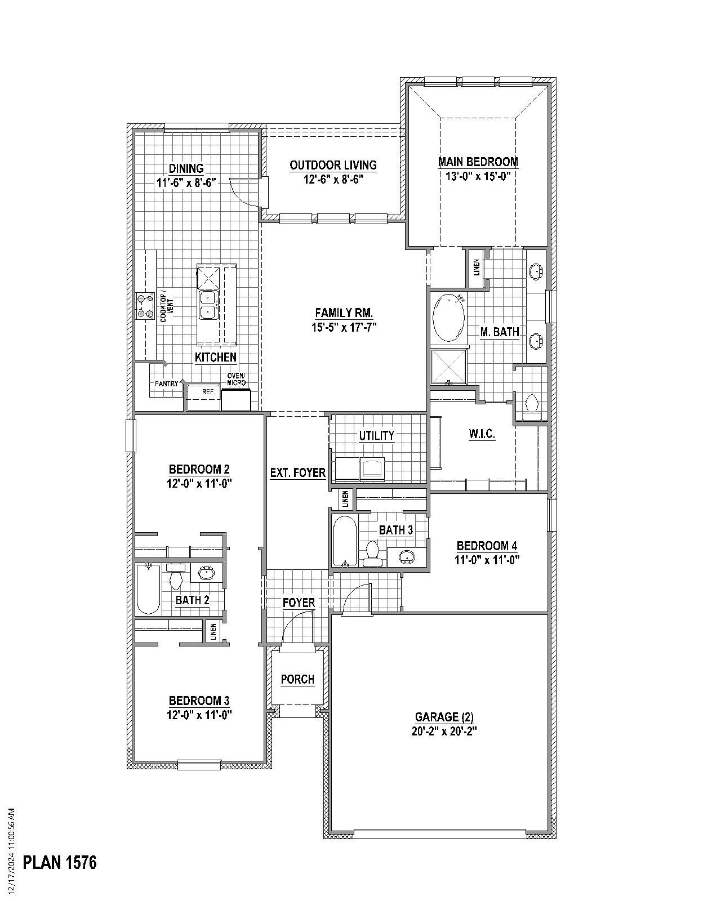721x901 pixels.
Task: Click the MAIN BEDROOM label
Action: point(478,162)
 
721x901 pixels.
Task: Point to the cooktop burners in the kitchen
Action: point(145,306)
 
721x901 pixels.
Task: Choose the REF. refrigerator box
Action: point(202,391)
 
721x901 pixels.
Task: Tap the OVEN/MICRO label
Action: point(236,380)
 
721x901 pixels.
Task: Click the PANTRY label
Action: point(167,383)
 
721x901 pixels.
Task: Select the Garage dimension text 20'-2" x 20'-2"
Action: point(444,731)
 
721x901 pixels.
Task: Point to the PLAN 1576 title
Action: point(60,862)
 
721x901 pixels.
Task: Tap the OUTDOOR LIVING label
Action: point(333,165)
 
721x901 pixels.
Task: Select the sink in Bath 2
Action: point(207,573)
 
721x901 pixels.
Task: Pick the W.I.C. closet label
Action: point(482,435)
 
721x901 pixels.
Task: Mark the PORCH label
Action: point(297,679)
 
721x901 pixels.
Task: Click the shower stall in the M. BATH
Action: point(449,367)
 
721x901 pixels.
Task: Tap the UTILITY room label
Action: point(377,435)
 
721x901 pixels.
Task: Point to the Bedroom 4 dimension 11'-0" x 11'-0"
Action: point(487,560)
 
